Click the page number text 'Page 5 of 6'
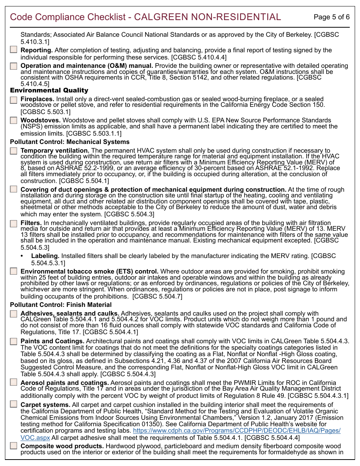[x=332, y=17]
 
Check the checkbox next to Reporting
[x=14, y=50]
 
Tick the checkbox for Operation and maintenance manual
[x=14, y=66]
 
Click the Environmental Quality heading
[x=49, y=90]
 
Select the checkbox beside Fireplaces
[x=14, y=100]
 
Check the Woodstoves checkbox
[x=14, y=120]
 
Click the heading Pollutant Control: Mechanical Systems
[x=70, y=142]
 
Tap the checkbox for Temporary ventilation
[x=14, y=151]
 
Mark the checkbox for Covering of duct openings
[x=14, y=189]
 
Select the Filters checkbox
[x=14, y=223]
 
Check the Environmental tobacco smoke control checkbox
[x=14, y=271]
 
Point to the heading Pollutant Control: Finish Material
[x=61, y=305]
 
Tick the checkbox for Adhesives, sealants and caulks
[x=14, y=314]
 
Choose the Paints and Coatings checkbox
[x=14, y=341]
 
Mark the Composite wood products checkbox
[x=14, y=446]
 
